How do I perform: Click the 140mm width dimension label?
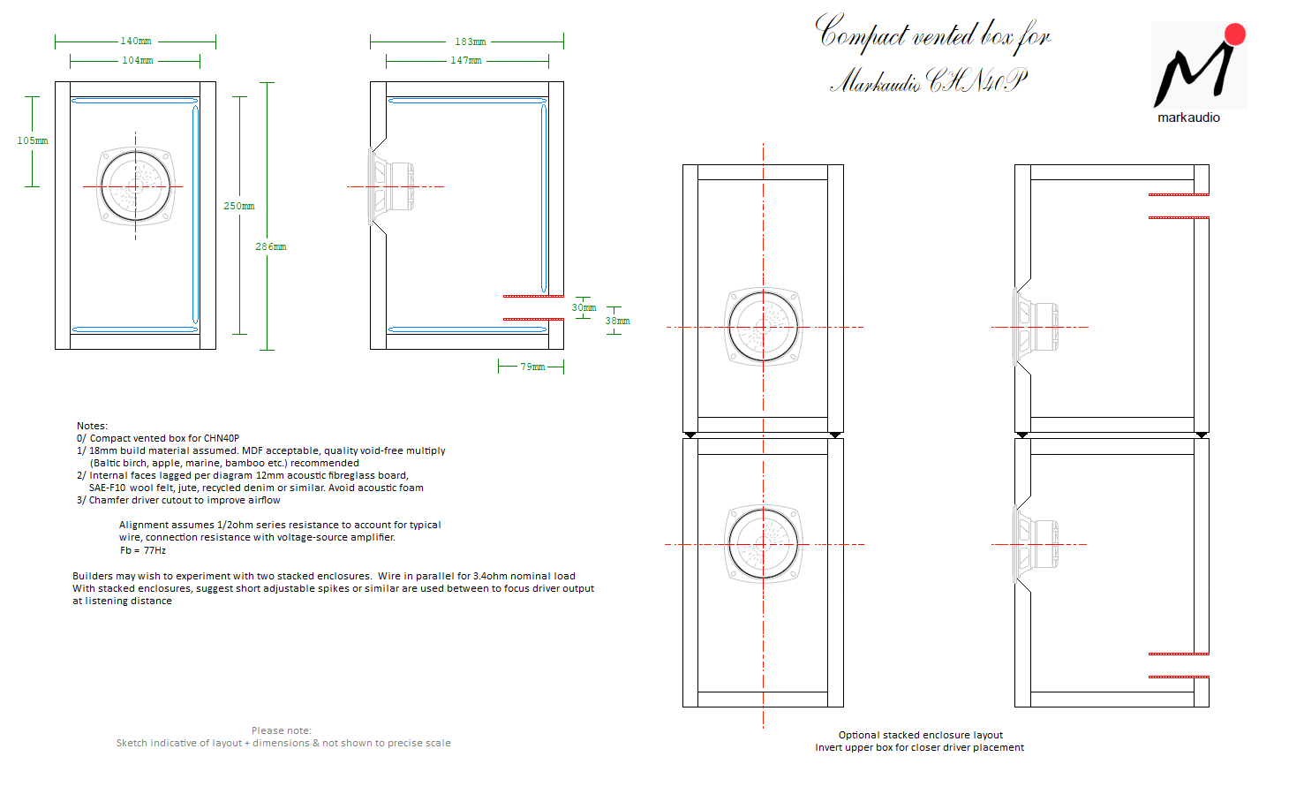point(136,41)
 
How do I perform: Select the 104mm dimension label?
point(138,60)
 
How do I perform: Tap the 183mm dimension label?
point(471,42)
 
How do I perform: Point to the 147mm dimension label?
point(466,60)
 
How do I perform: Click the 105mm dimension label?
point(33,140)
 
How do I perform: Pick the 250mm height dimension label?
point(239,206)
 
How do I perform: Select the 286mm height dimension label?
point(271,246)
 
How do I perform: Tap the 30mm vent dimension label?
point(584,307)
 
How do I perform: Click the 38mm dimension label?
point(617,321)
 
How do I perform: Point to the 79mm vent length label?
point(532,367)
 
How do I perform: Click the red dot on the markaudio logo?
point(1235,34)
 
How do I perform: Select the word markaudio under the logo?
point(1188,117)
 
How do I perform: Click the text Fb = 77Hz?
point(143,550)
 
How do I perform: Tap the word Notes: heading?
point(92,426)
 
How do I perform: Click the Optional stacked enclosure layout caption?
point(920,735)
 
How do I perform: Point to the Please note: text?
point(281,730)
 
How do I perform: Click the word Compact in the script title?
point(861,33)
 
